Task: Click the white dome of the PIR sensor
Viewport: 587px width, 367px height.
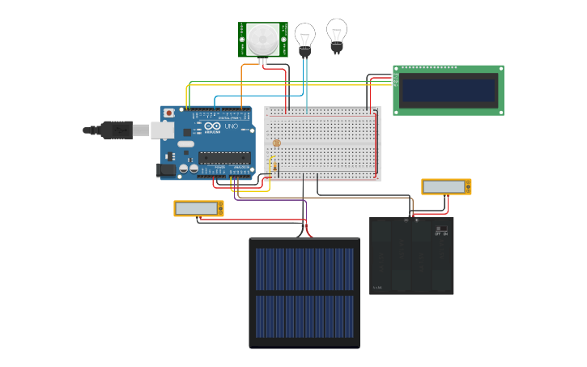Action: coord(262,38)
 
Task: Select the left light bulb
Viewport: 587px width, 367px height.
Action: coord(304,37)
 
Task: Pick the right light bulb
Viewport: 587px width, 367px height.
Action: coord(337,33)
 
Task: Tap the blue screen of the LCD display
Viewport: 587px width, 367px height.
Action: coord(449,90)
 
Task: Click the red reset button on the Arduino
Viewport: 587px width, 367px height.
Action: coord(168,113)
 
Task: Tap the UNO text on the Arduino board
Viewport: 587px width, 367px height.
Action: coord(229,127)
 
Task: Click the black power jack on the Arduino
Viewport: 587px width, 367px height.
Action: coord(166,169)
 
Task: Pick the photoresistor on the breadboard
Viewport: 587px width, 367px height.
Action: coord(276,143)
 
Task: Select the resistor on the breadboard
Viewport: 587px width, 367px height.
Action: coord(274,168)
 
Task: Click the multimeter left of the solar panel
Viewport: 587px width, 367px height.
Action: coord(198,208)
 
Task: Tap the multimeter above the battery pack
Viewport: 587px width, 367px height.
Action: coord(446,186)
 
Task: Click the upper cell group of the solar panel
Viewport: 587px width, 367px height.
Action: coord(304,269)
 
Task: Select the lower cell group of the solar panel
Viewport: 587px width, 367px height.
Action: coord(304,317)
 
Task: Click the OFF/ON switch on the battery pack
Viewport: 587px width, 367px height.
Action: coord(441,230)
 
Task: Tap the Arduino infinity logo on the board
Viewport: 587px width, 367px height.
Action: coord(212,127)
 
